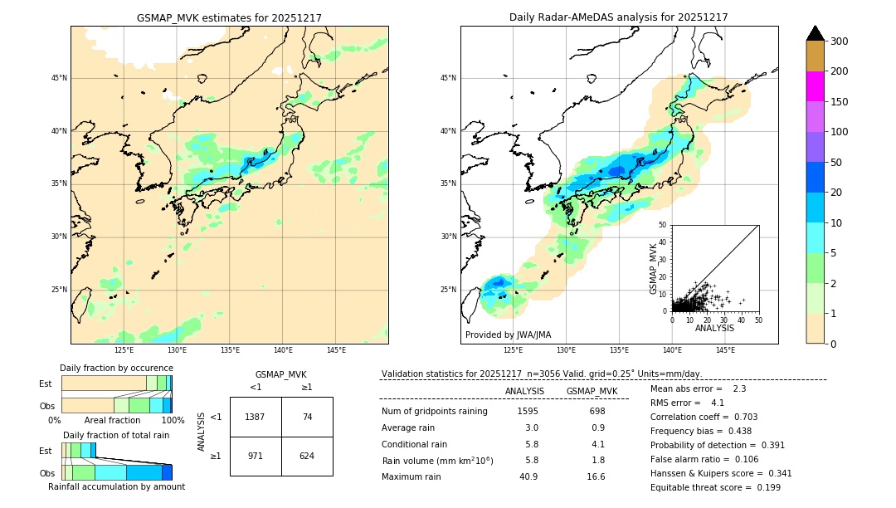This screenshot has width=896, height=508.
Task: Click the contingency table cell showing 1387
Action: point(255,417)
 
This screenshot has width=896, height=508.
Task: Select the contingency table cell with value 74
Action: point(307,417)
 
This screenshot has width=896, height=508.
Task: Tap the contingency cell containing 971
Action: point(255,456)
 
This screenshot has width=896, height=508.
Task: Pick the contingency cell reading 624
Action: point(307,456)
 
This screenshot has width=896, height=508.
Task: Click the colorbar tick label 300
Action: point(840,42)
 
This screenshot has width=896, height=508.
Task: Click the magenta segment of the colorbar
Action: point(816,86)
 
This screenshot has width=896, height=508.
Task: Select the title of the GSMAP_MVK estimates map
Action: point(229,17)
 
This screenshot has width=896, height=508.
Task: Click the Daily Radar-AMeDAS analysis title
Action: point(618,17)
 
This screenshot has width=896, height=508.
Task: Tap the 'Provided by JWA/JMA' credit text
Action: point(508,335)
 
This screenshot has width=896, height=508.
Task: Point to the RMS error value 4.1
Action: point(718,403)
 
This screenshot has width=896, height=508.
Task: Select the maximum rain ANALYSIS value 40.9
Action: point(528,476)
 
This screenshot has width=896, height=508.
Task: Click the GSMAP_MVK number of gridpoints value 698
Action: point(597,411)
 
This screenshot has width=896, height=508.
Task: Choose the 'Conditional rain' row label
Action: point(416,444)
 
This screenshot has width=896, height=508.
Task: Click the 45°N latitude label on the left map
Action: point(59,78)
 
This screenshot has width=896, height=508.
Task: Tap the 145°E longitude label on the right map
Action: point(725,350)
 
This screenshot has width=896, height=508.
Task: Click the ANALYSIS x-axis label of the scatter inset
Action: point(714,328)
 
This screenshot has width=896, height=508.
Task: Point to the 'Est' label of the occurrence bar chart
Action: point(46,383)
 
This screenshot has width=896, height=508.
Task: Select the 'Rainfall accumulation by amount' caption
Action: point(116,487)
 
